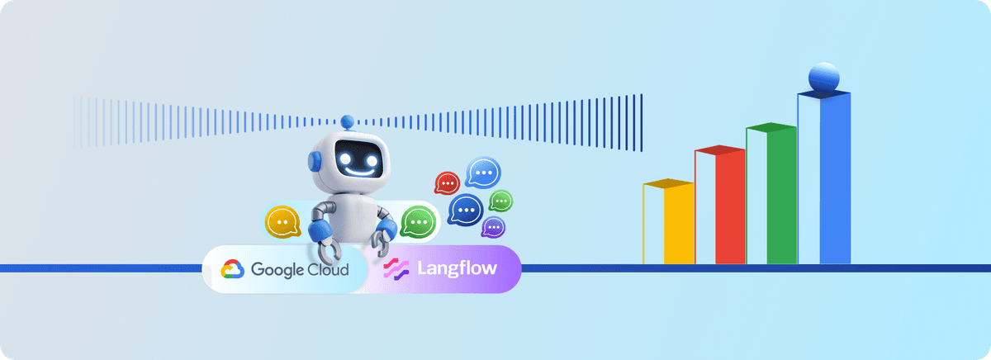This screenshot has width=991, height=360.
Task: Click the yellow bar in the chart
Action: [679, 223]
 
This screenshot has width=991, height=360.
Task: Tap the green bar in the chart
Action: [780, 195]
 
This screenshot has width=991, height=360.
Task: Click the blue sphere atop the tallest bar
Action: [824, 78]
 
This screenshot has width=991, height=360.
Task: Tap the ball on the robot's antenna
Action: [348, 120]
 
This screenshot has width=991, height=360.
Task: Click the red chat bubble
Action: [447, 182]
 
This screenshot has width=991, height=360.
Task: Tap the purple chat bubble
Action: [493, 227]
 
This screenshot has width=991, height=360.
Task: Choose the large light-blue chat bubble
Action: [483, 172]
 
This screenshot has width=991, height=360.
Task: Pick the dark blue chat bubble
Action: [466, 210]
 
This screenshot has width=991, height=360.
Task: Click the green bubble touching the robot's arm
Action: [418, 221]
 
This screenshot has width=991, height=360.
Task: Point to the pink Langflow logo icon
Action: [396, 269]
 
